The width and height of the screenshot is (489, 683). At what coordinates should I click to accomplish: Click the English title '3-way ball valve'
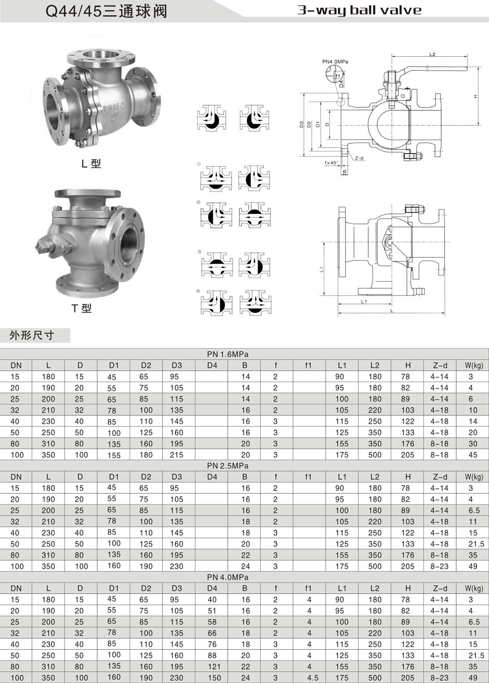tap(359, 10)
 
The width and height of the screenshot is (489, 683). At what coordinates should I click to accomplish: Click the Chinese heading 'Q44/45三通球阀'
tap(106, 11)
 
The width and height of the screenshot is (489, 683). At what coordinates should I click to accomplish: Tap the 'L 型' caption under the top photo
tap(91, 164)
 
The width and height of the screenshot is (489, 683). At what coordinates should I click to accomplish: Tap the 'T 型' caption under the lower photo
tap(81, 308)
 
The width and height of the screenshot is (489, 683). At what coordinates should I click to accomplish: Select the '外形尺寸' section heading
tap(32, 335)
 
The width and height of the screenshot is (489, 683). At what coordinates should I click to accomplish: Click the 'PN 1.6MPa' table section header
tap(228, 355)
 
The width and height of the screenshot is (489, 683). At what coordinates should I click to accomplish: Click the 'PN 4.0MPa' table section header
tap(228, 577)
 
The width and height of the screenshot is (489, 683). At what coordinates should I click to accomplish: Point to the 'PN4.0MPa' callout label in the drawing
tap(335, 61)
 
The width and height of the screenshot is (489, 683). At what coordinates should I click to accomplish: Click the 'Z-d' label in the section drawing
tap(359, 158)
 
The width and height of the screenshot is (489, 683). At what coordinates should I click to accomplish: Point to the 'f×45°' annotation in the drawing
tap(331, 163)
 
